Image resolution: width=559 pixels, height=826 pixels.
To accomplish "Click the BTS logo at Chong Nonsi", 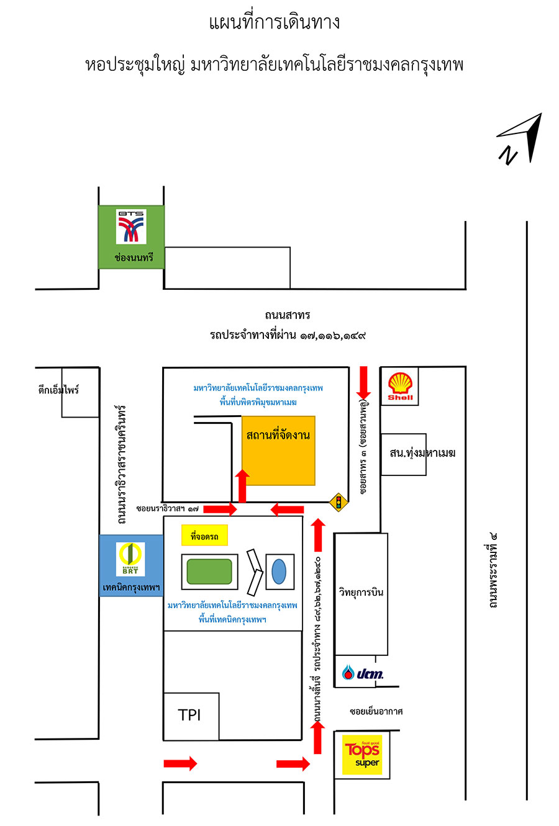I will (131, 227).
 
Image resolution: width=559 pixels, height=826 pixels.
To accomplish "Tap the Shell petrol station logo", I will (400, 386).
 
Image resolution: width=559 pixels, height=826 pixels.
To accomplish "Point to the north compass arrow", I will (521, 137).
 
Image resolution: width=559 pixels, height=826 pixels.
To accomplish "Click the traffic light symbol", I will (339, 501).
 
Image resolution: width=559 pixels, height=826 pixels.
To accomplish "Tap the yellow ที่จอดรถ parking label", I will (204, 536).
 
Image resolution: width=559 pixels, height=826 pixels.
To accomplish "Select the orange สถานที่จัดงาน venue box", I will (278, 450).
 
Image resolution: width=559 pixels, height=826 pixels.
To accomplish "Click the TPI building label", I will (189, 715).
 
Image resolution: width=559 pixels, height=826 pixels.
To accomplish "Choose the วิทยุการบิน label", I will (361, 592).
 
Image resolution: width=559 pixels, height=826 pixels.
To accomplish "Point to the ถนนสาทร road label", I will (288, 315).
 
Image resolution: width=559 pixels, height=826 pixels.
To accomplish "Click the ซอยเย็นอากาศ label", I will (376, 711).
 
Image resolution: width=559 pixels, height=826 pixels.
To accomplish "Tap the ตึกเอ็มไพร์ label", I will (59, 390).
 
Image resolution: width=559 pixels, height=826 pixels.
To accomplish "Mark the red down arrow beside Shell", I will (364, 382).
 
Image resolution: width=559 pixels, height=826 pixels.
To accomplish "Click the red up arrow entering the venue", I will (242, 486).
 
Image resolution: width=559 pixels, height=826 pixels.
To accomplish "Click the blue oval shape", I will (279, 572).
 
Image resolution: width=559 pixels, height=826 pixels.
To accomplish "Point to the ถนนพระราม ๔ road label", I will (493, 569).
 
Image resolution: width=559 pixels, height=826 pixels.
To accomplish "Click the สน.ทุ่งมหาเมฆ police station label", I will (422, 453).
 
